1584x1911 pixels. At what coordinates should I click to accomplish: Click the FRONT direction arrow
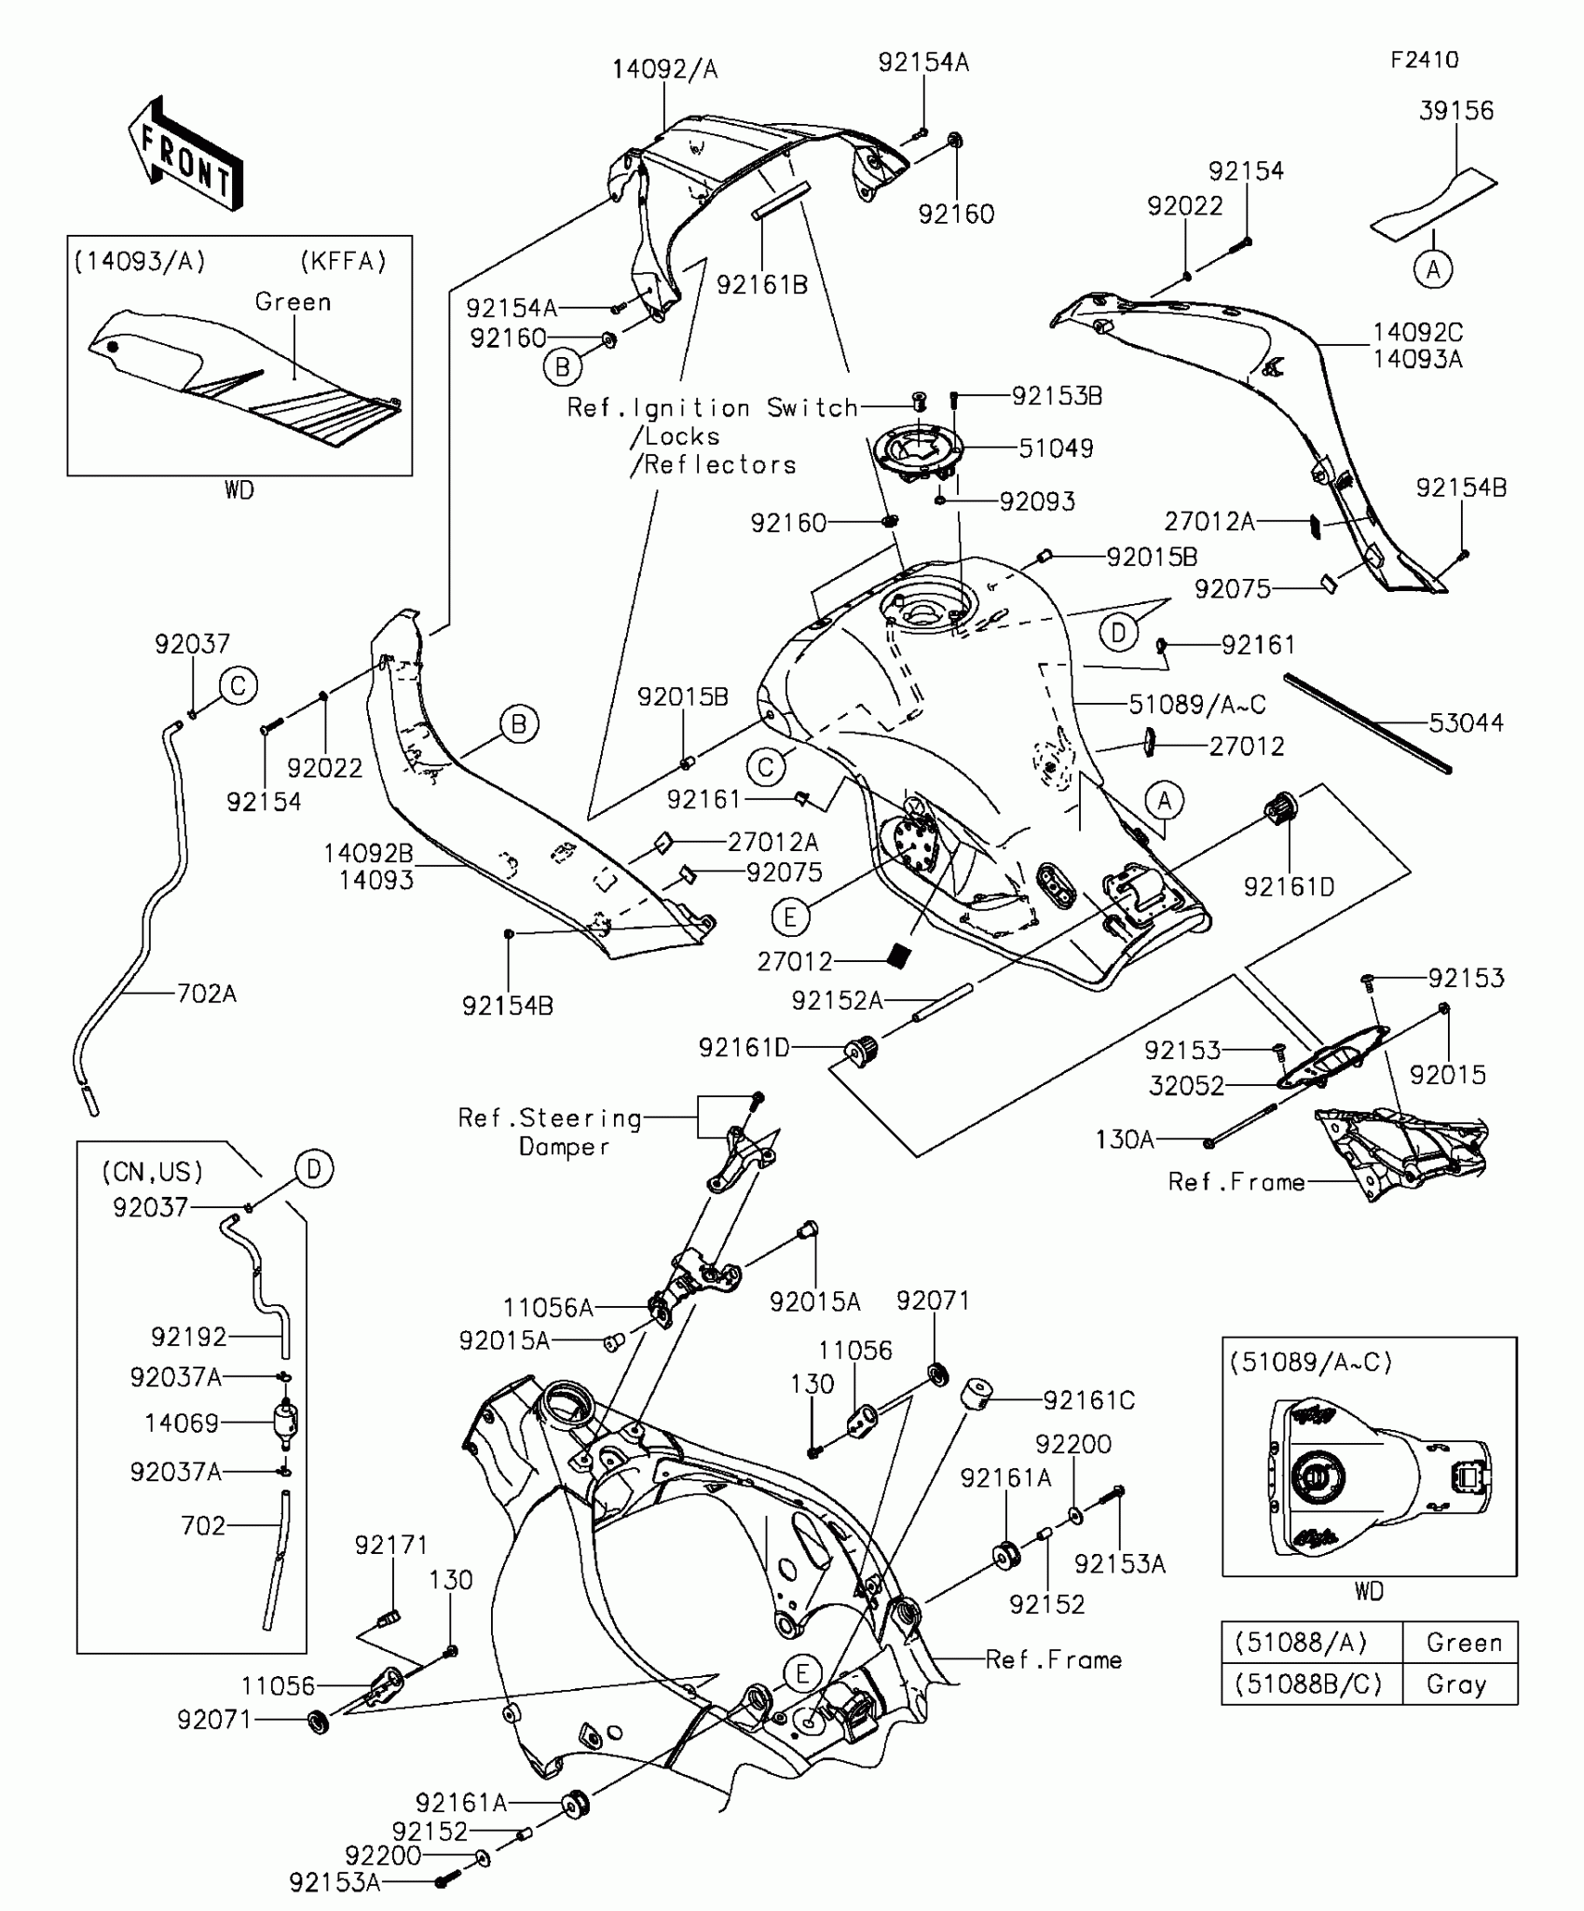[x=185, y=154]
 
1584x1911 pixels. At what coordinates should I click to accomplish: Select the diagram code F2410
[x=1424, y=61]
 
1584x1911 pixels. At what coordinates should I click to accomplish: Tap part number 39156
[x=1456, y=111]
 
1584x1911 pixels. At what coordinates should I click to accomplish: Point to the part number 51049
[x=1056, y=448]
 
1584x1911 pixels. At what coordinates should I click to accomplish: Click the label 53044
[x=1466, y=722]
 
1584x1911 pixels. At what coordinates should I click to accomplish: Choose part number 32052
[x=1186, y=1086]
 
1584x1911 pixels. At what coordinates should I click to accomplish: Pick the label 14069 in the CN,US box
[x=182, y=1423]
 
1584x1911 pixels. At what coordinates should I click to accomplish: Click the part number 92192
[x=189, y=1337]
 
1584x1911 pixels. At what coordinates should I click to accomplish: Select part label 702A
[x=206, y=994]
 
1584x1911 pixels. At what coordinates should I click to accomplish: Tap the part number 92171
[x=391, y=1546]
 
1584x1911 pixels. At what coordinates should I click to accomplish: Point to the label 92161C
[x=1089, y=1400]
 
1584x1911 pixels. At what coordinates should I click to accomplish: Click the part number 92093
[x=1037, y=502]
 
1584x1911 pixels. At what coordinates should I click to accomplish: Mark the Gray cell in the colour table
[x=1456, y=1684]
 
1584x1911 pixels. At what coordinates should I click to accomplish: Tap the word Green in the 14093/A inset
[x=293, y=302]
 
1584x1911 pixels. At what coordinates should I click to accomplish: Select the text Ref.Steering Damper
[x=550, y=1132]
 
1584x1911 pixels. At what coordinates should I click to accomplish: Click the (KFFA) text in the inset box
[x=343, y=262]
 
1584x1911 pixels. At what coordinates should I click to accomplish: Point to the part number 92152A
[x=837, y=1000]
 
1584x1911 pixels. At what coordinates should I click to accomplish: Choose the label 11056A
[x=548, y=1308]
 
